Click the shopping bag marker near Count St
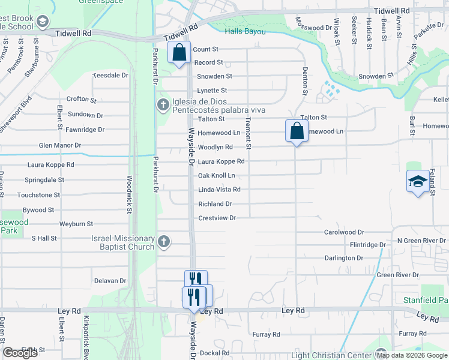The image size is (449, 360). click(x=179, y=53)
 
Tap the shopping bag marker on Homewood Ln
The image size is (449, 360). click(x=297, y=130)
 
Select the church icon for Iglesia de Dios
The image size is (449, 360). click(x=163, y=105)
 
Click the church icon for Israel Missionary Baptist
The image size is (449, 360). click(x=164, y=242)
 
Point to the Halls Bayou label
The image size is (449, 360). click(x=245, y=31)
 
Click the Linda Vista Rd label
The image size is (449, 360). click(x=219, y=190)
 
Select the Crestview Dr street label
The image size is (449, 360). click(x=217, y=218)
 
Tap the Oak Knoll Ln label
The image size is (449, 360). click(x=216, y=175)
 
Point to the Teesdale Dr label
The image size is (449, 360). click(x=111, y=76)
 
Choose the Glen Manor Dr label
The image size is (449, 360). click(x=59, y=145)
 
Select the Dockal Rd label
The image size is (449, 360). click(x=215, y=353)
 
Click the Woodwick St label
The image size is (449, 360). click(x=129, y=194)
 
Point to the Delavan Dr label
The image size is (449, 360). click(x=110, y=280)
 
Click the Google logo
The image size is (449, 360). click(x=20, y=353)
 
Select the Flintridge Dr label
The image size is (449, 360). click(x=369, y=245)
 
